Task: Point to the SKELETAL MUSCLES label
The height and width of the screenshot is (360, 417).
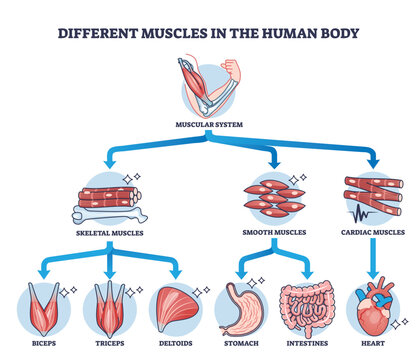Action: pos(109,233)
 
